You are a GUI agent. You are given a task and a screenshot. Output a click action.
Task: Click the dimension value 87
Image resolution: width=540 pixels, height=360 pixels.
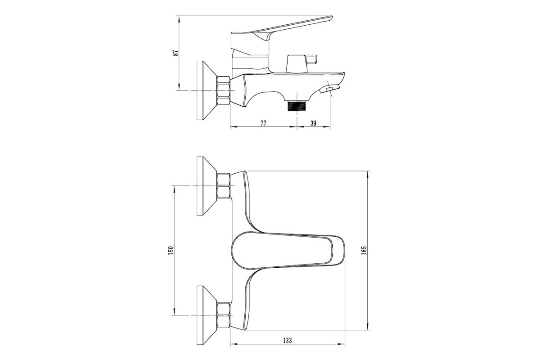[176, 53]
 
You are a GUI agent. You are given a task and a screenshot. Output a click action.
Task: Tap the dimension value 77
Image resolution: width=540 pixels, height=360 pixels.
[264, 123]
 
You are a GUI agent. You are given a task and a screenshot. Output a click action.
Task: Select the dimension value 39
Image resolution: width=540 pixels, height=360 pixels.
[313, 123]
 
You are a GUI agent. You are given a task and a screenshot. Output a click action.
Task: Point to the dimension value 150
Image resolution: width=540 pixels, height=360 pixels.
[171, 251]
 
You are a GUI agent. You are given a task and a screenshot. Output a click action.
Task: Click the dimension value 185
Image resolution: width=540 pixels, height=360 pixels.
[364, 250]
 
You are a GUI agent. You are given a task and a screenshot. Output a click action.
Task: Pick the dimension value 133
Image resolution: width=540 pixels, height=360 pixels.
[288, 340]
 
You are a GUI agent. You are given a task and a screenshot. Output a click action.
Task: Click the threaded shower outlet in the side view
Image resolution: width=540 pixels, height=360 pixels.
[297, 106]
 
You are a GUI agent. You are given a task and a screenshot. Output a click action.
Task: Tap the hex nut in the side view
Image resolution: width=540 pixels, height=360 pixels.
[224, 90]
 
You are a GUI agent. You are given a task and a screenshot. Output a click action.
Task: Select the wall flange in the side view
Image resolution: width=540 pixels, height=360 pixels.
[207, 90]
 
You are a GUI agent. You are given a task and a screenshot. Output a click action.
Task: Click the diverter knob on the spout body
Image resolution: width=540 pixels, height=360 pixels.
[301, 63]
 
